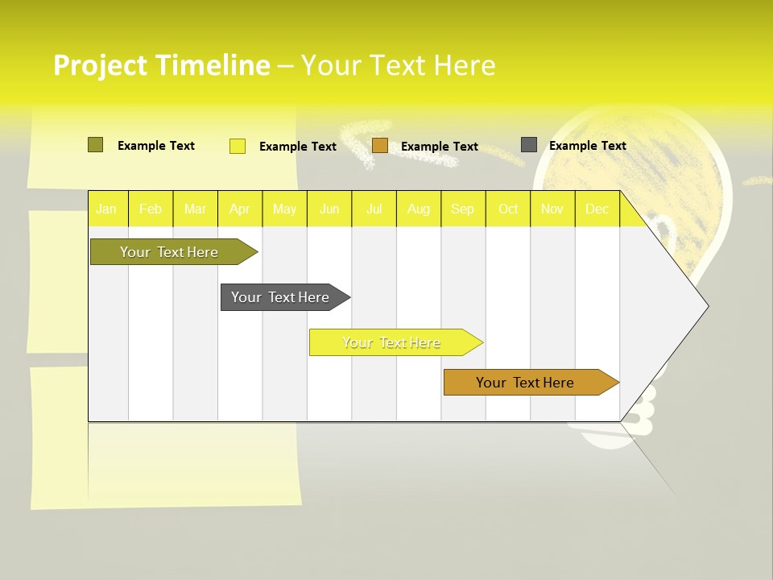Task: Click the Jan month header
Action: click(106, 209)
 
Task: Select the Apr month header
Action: click(240, 209)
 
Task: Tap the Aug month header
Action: click(419, 209)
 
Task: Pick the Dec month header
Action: click(597, 209)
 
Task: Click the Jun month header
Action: click(329, 209)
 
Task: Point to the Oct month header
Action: click(508, 209)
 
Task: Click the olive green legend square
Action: click(95, 145)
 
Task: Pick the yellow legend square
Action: click(238, 146)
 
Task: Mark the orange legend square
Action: click(380, 146)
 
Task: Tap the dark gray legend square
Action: click(529, 145)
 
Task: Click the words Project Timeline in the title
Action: click(161, 65)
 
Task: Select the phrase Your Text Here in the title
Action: click(398, 65)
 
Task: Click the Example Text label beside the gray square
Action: click(587, 146)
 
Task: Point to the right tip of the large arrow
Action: click(706, 306)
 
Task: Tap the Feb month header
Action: click(151, 209)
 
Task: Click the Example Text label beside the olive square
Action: click(156, 146)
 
